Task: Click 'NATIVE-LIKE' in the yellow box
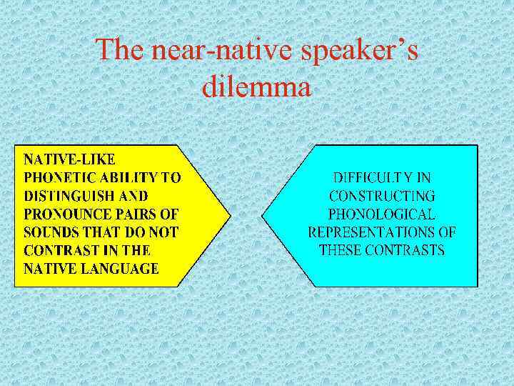(70, 157)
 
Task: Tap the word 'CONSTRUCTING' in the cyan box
(382, 195)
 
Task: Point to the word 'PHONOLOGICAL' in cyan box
(382, 214)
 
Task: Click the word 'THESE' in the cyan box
(339, 250)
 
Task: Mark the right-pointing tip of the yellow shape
(231, 215)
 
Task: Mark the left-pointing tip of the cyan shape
(263, 215)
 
